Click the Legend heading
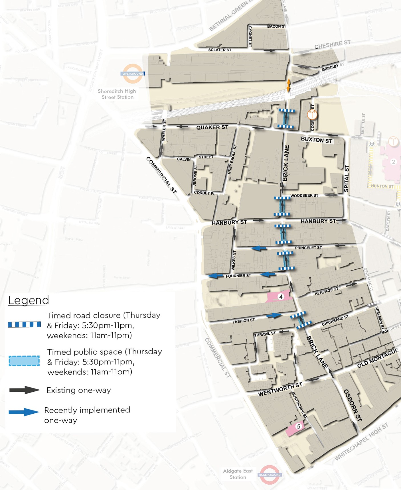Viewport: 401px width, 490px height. [29, 300]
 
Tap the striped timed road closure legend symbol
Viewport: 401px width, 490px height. [24, 324]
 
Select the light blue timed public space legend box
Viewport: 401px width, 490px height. [24, 361]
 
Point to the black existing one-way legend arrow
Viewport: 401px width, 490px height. [25, 390]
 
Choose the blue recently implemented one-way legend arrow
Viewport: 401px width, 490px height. [24, 412]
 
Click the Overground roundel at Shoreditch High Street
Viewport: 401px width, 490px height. [133, 74]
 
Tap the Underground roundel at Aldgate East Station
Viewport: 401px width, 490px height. [270, 475]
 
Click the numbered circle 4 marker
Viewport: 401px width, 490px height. [281, 297]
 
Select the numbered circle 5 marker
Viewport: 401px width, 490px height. [299, 426]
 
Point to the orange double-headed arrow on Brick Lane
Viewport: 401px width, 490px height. [288, 85]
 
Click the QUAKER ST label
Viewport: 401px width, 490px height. [212, 127]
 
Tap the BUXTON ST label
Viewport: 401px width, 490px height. [317, 140]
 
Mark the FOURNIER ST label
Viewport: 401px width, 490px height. [238, 276]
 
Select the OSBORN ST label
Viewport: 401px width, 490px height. [353, 405]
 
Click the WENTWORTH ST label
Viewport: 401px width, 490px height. [280, 390]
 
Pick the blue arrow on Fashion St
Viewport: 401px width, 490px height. [274, 315]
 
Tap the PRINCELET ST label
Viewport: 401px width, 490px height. [308, 248]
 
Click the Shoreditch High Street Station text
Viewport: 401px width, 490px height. [117, 94]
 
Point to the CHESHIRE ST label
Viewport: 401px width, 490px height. [332, 45]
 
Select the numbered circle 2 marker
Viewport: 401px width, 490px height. [393, 162]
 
